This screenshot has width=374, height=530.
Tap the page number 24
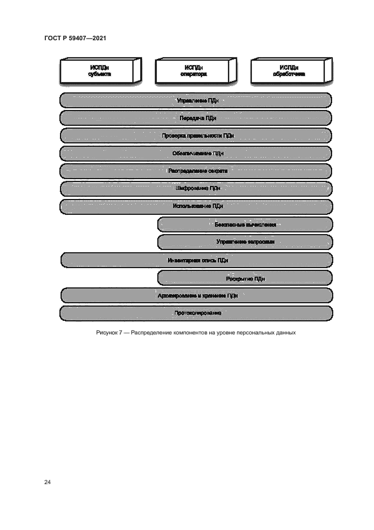click(48, 482)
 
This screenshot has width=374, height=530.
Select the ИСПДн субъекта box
click(100, 71)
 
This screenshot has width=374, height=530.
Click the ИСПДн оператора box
click(194, 71)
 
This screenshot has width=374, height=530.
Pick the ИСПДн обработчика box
click(289, 71)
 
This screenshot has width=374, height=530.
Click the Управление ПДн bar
click(196, 100)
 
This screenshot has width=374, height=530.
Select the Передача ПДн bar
click(196, 118)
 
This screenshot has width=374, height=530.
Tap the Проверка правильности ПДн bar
click(196, 135)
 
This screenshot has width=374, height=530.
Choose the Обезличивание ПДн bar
click(196, 153)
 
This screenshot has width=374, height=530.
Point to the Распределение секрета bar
click(196, 171)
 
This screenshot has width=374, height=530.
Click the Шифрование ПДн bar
click(196, 188)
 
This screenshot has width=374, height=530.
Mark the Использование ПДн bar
click(196, 206)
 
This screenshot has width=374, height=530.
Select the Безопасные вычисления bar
click(245, 224)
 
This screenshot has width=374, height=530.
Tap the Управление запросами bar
click(245, 242)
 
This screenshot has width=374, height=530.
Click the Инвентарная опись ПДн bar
click(196, 260)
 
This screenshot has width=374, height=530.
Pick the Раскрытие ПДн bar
click(245, 278)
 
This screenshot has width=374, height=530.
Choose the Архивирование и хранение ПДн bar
click(196, 296)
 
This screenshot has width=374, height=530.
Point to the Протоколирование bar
click(196, 313)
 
